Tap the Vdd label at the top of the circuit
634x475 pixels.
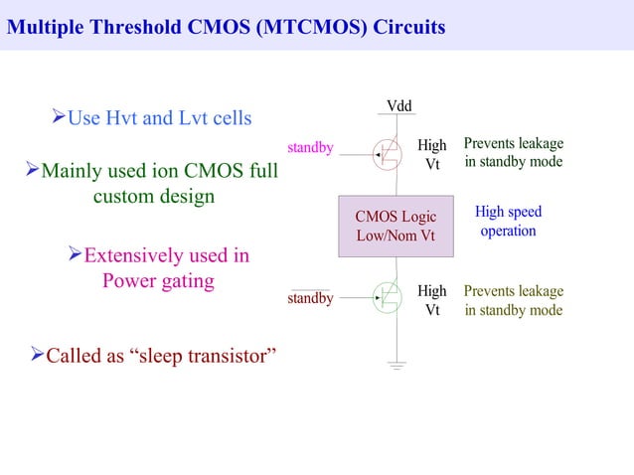point(398,106)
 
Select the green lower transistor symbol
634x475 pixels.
point(388,296)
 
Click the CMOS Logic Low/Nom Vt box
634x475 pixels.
point(396,227)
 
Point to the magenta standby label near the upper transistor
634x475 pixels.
point(310,148)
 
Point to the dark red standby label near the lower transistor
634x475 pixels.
point(310,298)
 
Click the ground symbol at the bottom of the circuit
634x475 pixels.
point(397,367)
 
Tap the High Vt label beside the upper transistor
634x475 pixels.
point(432,155)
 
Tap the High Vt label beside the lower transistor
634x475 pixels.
point(432,300)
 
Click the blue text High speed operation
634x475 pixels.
point(508,222)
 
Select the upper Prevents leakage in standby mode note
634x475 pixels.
point(513,153)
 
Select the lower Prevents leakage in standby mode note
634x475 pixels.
point(513,300)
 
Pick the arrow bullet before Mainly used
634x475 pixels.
point(32,172)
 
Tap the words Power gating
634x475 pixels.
point(158,280)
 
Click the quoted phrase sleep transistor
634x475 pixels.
point(199,355)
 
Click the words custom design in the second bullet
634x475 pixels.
point(153,196)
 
